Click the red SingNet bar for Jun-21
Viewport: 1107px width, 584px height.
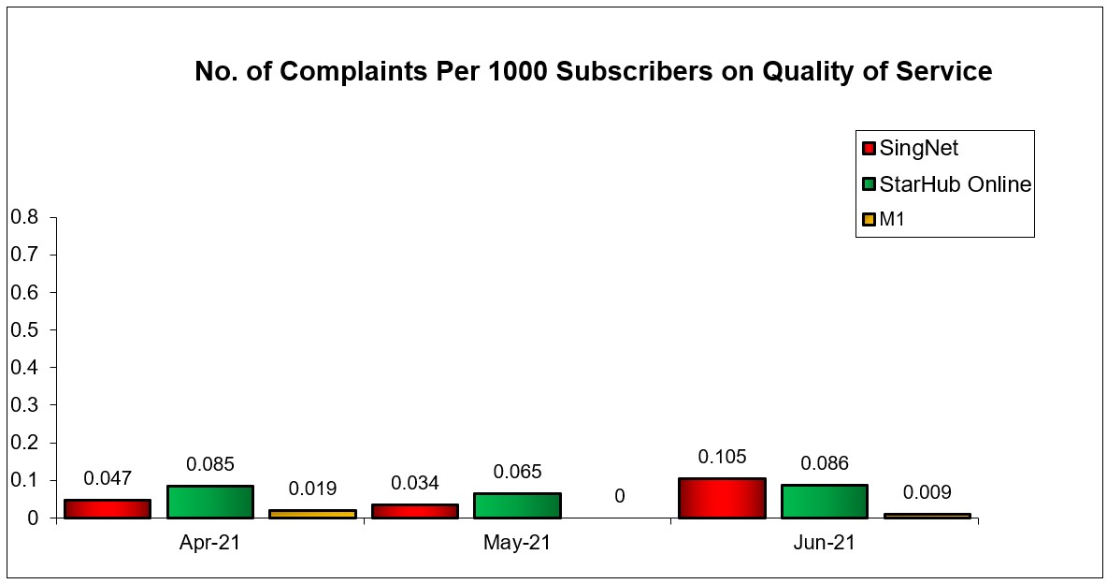click(x=722, y=498)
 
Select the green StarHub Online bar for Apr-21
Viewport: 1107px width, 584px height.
click(x=210, y=502)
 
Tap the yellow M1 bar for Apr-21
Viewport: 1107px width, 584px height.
click(x=312, y=514)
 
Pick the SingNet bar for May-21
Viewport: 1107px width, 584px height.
click(x=414, y=511)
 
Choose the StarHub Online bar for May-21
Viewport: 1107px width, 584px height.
click(x=517, y=505)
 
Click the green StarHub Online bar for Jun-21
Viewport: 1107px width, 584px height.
click(x=824, y=501)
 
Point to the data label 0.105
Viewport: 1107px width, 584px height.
click(x=722, y=457)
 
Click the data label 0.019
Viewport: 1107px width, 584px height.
click(x=312, y=489)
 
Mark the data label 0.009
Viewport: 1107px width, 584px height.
click(x=927, y=492)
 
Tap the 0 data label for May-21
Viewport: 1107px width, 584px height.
click(x=619, y=496)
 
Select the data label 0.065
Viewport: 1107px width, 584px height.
click(x=517, y=472)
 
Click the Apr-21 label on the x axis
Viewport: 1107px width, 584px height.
click(x=209, y=543)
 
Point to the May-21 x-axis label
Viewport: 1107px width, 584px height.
click(x=517, y=543)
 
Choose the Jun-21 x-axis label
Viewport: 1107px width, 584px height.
click(x=824, y=543)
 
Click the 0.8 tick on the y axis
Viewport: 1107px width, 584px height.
click(x=23, y=217)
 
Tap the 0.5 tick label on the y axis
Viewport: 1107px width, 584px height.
click(x=23, y=330)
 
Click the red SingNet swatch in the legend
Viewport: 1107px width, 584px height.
click(x=869, y=148)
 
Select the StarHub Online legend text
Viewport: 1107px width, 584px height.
click(x=956, y=184)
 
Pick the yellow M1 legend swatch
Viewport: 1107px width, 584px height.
click(x=869, y=220)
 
